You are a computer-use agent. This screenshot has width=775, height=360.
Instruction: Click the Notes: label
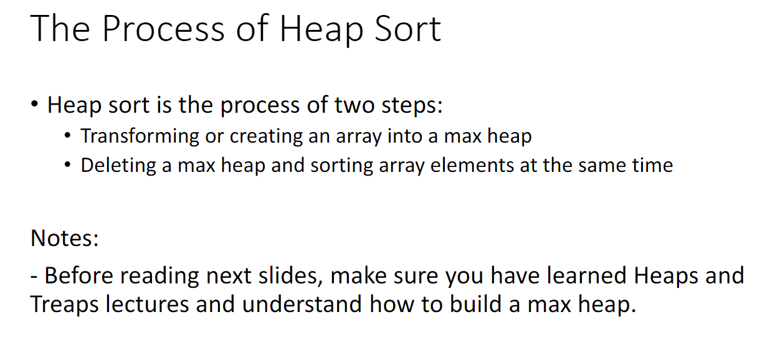pos(65,238)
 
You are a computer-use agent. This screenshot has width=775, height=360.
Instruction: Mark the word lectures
pos(150,304)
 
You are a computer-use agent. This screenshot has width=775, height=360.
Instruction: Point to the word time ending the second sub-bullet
pos(651,165)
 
